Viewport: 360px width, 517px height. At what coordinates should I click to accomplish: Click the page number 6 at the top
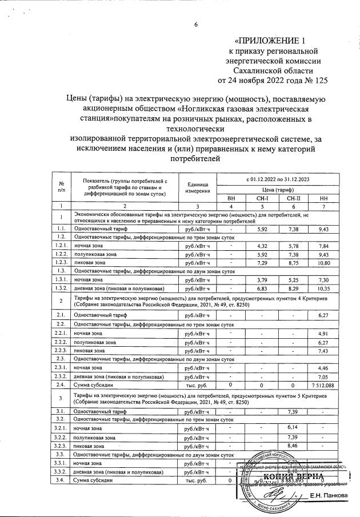point(195,24)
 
